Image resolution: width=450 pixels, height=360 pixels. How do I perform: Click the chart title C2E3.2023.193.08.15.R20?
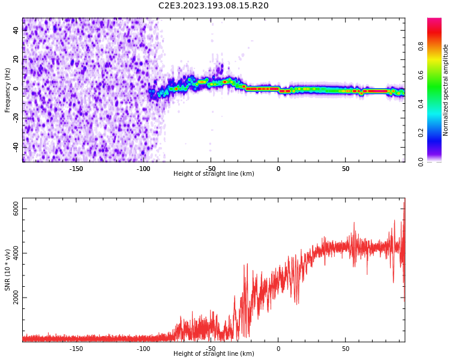214,5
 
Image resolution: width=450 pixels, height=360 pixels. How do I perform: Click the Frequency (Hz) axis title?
7,89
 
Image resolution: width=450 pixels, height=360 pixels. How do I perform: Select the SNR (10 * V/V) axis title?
7,270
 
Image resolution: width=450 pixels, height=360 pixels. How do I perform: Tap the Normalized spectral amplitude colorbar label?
445,89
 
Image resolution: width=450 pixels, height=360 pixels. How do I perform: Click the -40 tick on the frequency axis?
16,146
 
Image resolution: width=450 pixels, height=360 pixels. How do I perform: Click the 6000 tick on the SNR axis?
17,209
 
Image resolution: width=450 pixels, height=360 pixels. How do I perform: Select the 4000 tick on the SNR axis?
17,253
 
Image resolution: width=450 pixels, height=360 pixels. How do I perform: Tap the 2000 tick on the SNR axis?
17,298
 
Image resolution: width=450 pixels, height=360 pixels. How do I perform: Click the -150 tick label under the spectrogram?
76,169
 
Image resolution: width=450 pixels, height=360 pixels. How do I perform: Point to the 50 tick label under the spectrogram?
346,169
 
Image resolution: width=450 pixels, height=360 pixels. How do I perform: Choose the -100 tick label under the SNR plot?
143,349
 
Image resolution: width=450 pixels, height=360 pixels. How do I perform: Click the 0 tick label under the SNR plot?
278,349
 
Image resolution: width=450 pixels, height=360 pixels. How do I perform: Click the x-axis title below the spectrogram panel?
214,174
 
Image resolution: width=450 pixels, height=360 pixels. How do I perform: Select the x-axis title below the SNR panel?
214,354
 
